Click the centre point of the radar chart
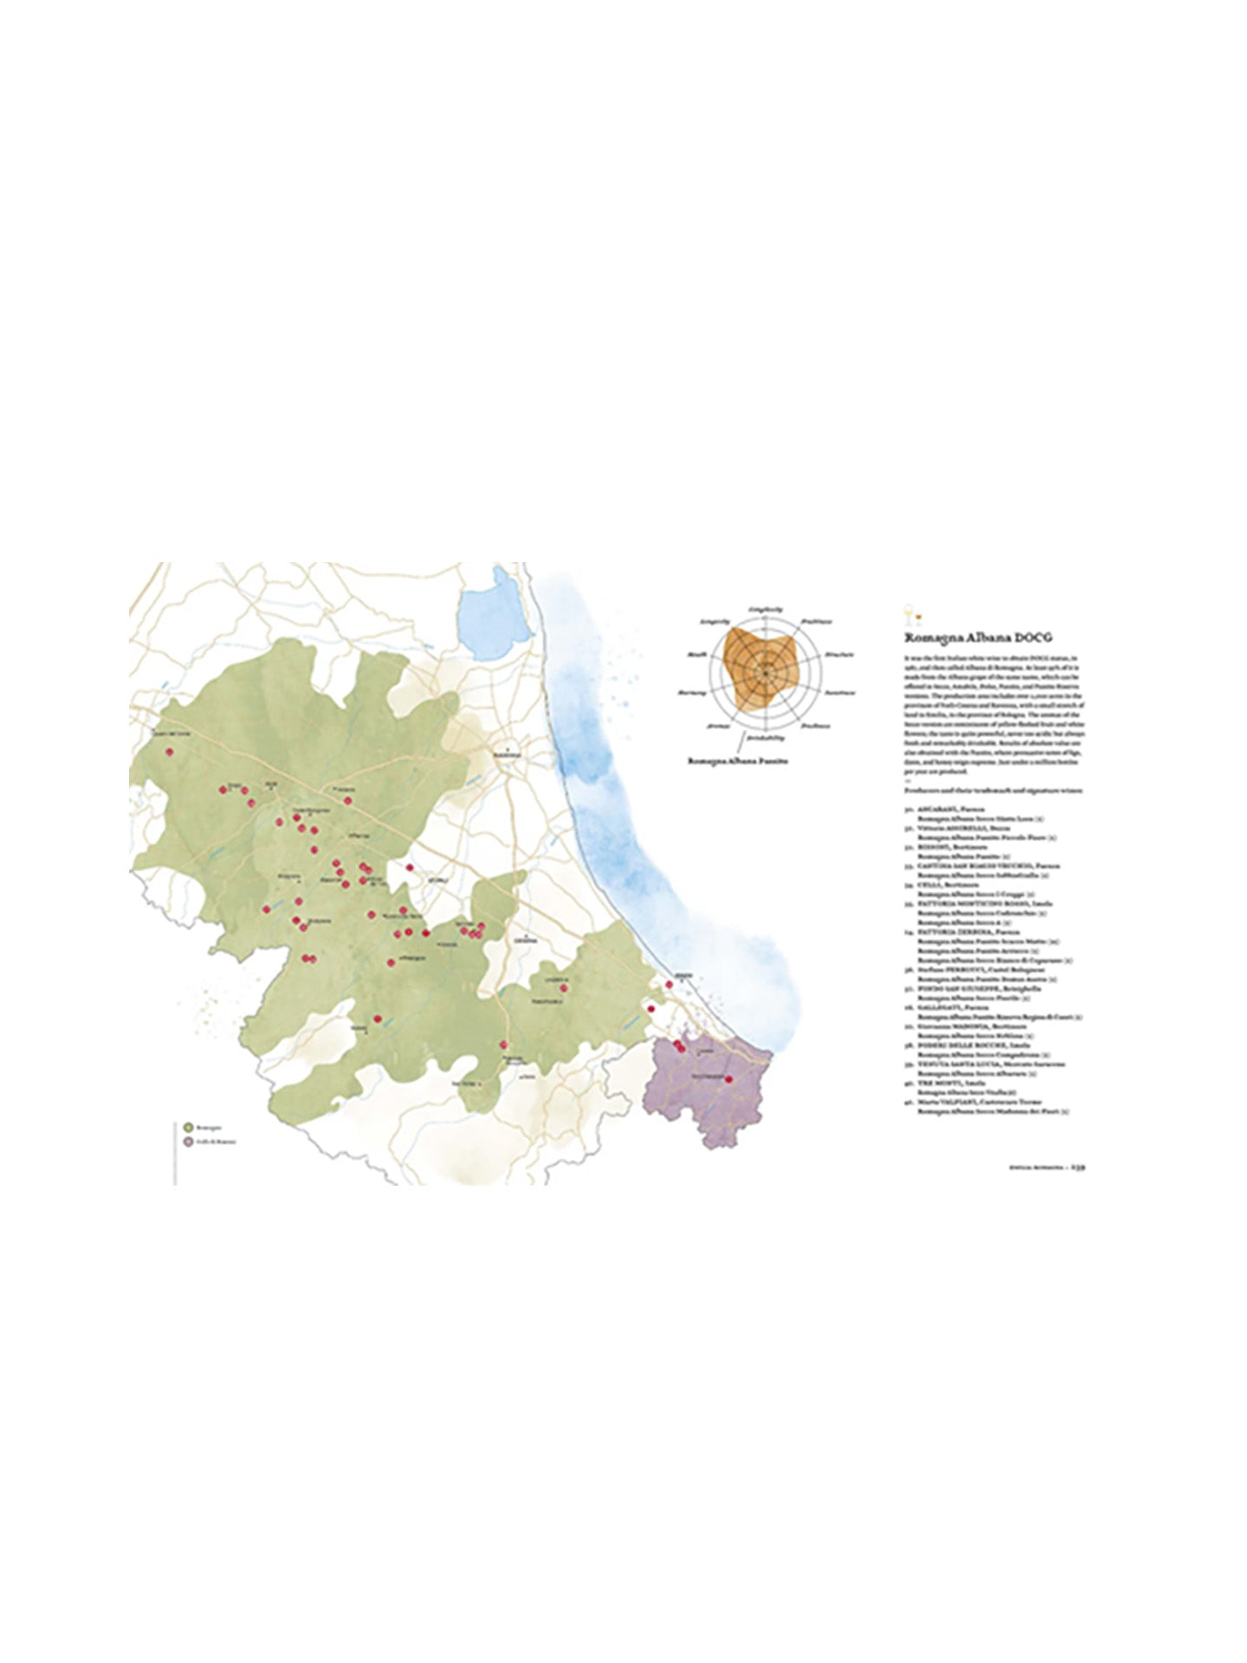(x=766, y=670)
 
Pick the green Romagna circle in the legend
(x=188, y=1127)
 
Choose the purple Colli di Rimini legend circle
(x=188, y=1142)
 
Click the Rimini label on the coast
(x=684, y=976)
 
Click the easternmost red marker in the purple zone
(x=729, y=1079)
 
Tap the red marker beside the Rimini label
(x=669, y=984)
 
